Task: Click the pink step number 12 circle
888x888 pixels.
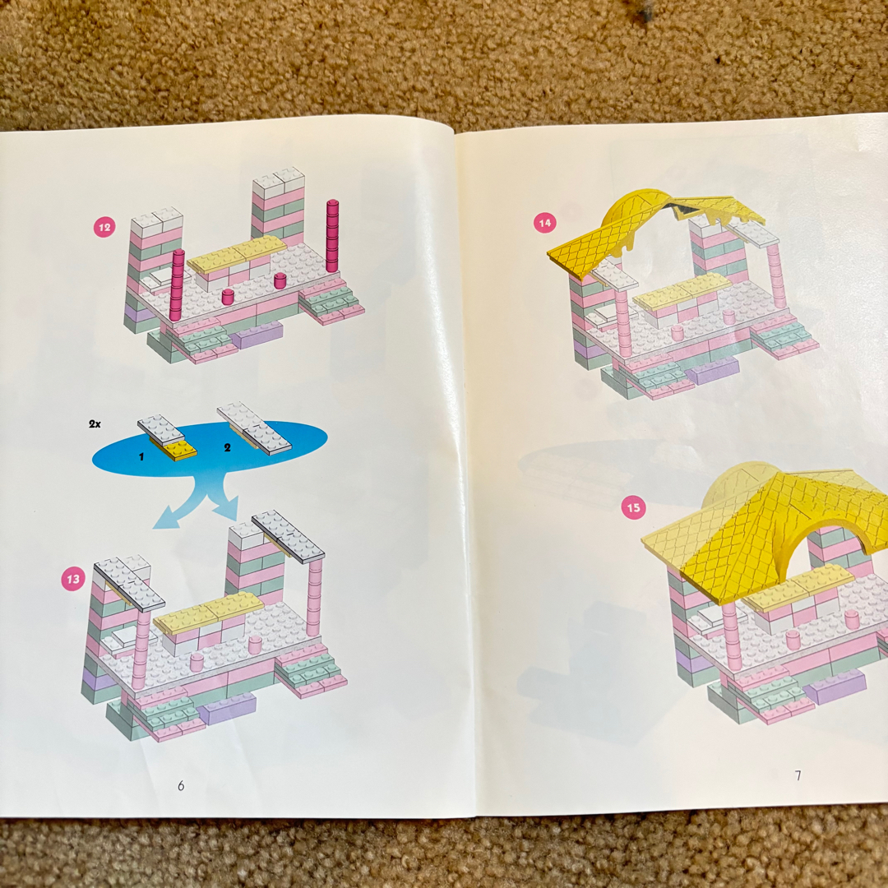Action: tap(104, 228)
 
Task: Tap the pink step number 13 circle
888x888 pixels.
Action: tap(73, 579)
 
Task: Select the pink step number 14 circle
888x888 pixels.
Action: tap(545, 223)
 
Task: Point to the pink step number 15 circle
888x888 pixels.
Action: tap(633, 507)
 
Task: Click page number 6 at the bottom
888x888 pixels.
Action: tap(181, 785)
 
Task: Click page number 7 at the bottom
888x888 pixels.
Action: tap(798, 775)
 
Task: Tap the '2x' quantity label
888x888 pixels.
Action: tap(95, 423)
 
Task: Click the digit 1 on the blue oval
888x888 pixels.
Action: tap(141, 456)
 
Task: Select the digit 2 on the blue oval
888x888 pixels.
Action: tap(227, 447)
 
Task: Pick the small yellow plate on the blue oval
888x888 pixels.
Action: tap(179, 451)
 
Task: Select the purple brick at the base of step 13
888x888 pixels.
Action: tap(225, 709)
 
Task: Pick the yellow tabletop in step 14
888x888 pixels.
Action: tap(682, 291)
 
